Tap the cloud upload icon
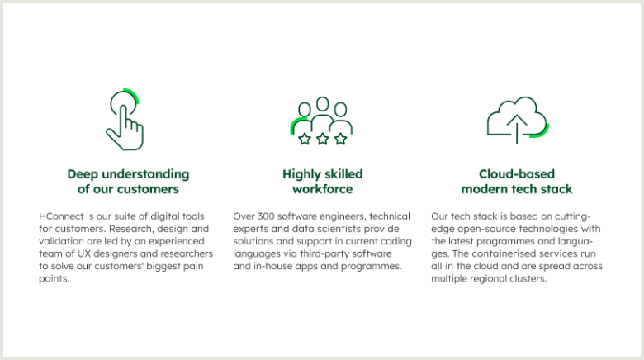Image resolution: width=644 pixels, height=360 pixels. [x=517, y=120]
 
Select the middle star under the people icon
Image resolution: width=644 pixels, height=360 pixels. [x=322, y=139]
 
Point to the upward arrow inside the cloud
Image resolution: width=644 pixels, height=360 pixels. [x=517, y=129]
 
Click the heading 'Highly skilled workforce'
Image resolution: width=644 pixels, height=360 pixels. [x=322, y=181]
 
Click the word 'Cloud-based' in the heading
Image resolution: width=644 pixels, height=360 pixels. [x=517, y=174]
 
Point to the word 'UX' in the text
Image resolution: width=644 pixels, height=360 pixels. [x=83, y=253]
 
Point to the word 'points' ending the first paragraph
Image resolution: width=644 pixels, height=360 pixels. [x=54, y=278]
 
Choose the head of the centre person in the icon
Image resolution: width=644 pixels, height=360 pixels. [x=323, y=104]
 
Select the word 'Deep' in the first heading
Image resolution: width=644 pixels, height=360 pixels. [x=83, y=175]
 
